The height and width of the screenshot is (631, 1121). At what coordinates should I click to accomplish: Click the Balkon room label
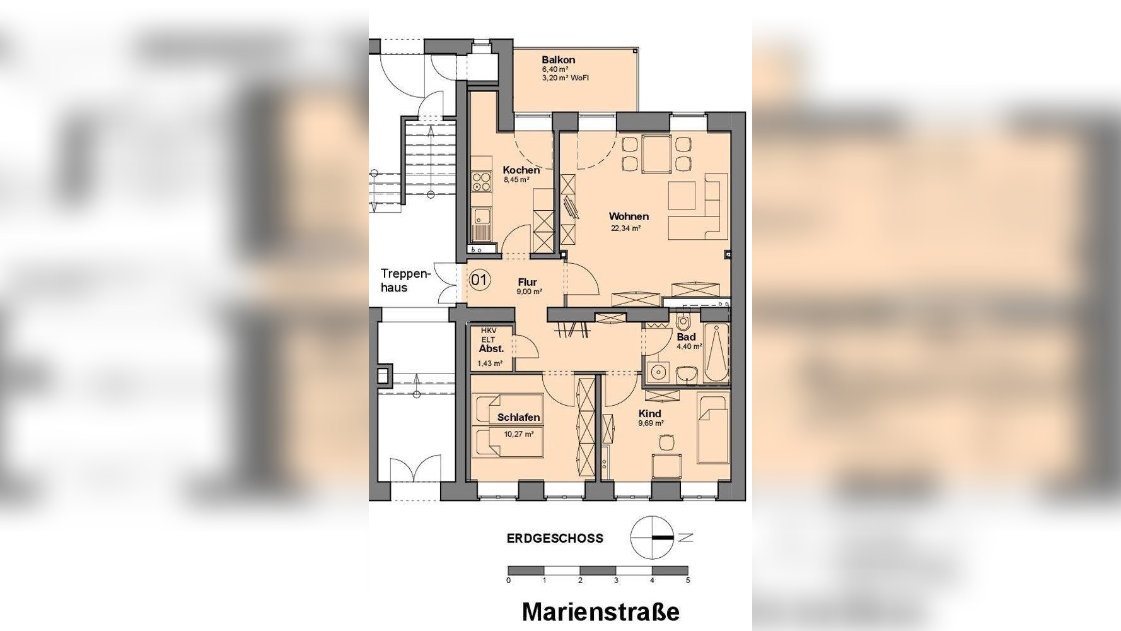pyautogui.click(x=558, y=60)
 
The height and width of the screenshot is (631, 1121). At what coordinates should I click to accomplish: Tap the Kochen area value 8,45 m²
pyautogui.click(x=516, y=180)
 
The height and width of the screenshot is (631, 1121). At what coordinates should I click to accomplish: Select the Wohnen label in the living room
pyautogui.click(x=628, y=216)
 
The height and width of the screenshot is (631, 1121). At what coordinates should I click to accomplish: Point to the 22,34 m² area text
pyautogui.click(x=625, y=228)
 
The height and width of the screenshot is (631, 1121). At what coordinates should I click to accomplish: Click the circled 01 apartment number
pyautogui.click(x=479, y=280)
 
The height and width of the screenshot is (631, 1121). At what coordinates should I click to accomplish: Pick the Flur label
pyautogui.click(x=528, y=282)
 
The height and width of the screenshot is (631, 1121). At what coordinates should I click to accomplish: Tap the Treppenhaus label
pyautogui.click(x=404, y=281)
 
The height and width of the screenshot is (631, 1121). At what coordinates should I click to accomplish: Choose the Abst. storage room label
pyautogui.click(x=491, y=348)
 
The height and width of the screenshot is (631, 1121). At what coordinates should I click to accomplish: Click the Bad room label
pyautogui.click(x=686, y=337)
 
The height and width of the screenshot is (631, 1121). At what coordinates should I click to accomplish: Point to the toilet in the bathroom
pyautogui.click(x=683, y=323)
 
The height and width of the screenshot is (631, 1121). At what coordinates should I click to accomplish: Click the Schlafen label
pyautogui.click(x=518, y=417)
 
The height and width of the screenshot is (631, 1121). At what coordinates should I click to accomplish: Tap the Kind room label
pyautogui.click(x=649, y=414)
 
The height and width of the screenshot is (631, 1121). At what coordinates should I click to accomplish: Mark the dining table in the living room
pyautogui.click(x=656, y=154)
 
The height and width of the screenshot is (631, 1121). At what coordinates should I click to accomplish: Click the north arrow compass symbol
pyautogui.click(x=653, y=538)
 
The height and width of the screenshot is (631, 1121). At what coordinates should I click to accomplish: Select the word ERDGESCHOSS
pyautogui.click(x=555, y=538)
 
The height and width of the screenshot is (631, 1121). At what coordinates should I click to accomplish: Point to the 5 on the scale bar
pyautogui.click(x=688, y=580)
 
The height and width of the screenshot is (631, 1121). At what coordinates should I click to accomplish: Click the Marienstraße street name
pyautogui.click(x=601, y=612)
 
